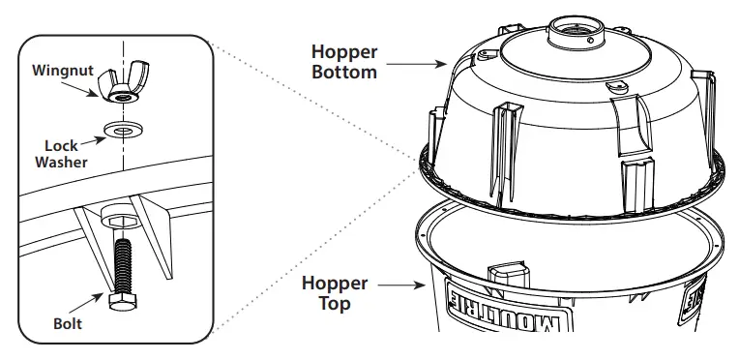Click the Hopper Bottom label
pyautogui.click(x=343, y=61)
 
